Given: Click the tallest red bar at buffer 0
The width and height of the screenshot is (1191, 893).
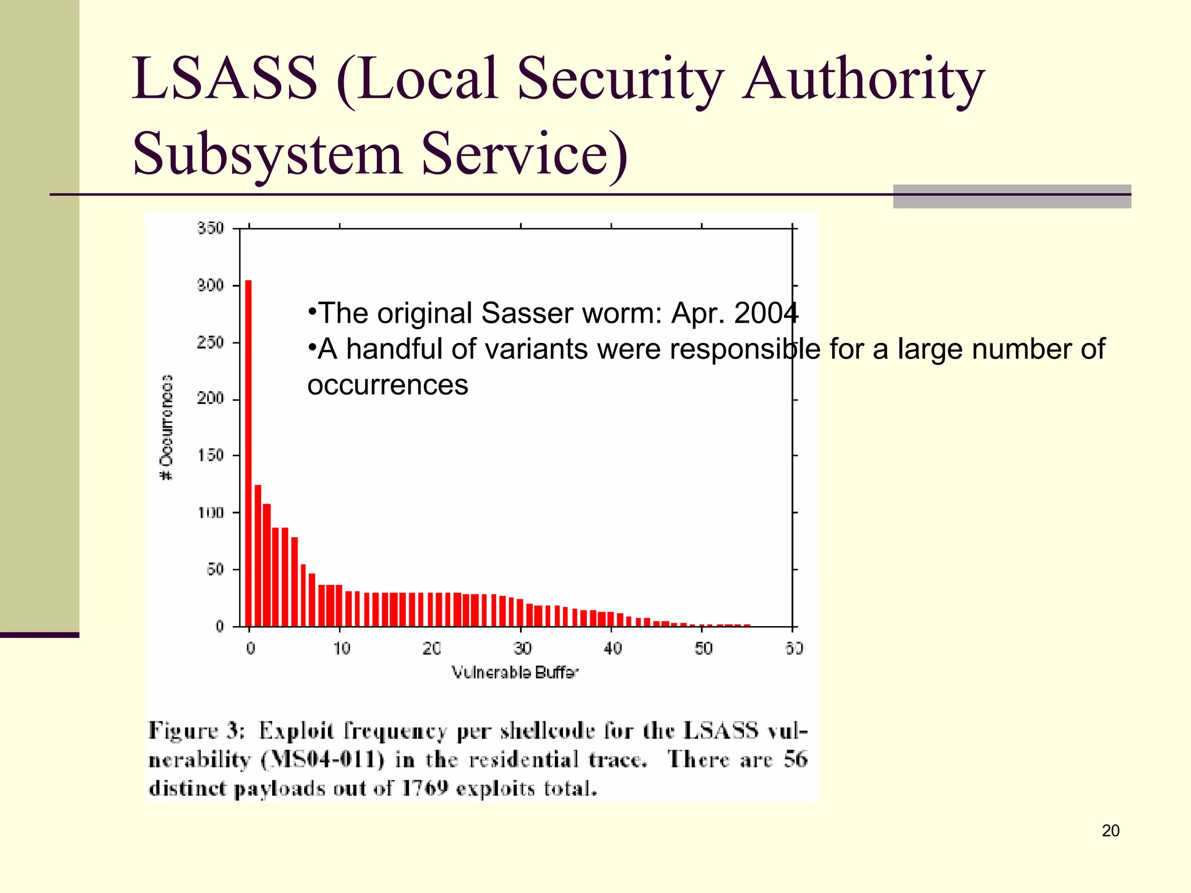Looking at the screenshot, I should click(248, 453).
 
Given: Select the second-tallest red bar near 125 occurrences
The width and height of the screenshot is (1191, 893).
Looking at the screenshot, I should click(258, 555).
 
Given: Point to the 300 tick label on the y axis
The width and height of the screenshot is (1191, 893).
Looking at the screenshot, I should click(210, 285).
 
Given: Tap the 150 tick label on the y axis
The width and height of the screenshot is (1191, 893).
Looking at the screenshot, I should click(210, 455).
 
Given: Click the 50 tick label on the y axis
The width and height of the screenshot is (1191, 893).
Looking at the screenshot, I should click(215, 569).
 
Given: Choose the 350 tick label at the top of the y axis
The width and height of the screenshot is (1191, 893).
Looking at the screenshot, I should click(210, 228).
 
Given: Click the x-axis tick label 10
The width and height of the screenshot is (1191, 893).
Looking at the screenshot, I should click(341, 648).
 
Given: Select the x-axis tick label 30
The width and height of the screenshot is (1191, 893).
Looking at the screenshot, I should click(522, 648).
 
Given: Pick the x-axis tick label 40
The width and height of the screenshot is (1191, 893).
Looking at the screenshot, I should click(612, 648).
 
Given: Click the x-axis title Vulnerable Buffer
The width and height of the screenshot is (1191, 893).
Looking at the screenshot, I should click(515, 673).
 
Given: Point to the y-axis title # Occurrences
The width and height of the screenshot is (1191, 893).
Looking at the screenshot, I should click(166, 427).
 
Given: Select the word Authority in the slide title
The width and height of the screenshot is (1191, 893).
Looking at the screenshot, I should click(863, 78).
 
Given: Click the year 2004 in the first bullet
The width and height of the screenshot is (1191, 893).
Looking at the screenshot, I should click(766, 313).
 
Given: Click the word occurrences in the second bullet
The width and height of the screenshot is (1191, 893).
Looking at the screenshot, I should click(387, 385).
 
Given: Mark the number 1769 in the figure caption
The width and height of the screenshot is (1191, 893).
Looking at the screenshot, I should click(425, 788).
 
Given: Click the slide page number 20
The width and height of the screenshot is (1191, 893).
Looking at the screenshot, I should click(1110, 831).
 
